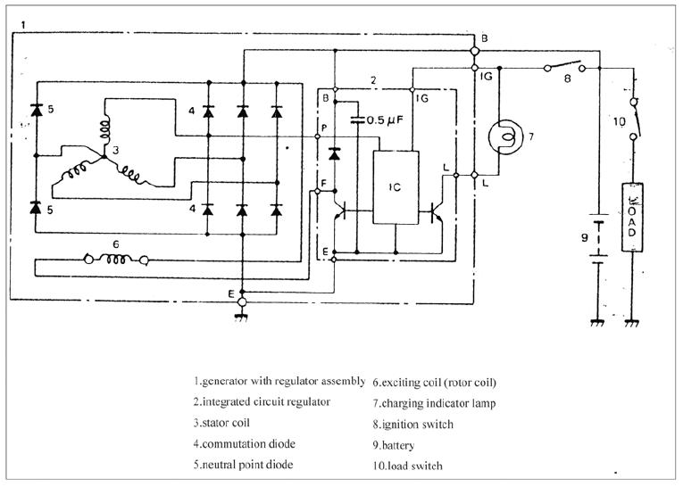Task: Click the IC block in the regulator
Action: coord(396,187)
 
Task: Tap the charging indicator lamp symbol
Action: coord(505,136)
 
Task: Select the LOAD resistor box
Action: coord(632,217)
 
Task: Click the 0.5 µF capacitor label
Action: coord(384,120)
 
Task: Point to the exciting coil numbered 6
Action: coord(116,260)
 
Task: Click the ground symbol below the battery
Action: coord(597,323)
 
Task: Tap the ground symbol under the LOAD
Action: coord(632,323)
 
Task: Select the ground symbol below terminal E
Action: coord(241,318)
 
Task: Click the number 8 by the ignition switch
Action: coord(567,79)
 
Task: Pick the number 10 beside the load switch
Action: coord(619,121)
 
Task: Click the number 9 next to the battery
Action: coord(585,237)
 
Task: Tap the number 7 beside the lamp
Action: coord(531,136)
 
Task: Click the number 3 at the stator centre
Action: coord(115,150)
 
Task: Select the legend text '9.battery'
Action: coord(394,445)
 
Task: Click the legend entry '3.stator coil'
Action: coord(221,423)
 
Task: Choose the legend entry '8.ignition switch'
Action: coord(413,425)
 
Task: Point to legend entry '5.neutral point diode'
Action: coord(243,465)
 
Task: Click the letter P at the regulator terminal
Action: coord(323,128)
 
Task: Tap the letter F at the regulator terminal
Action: coord(323,182)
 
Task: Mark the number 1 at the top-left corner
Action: coord(23,25)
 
